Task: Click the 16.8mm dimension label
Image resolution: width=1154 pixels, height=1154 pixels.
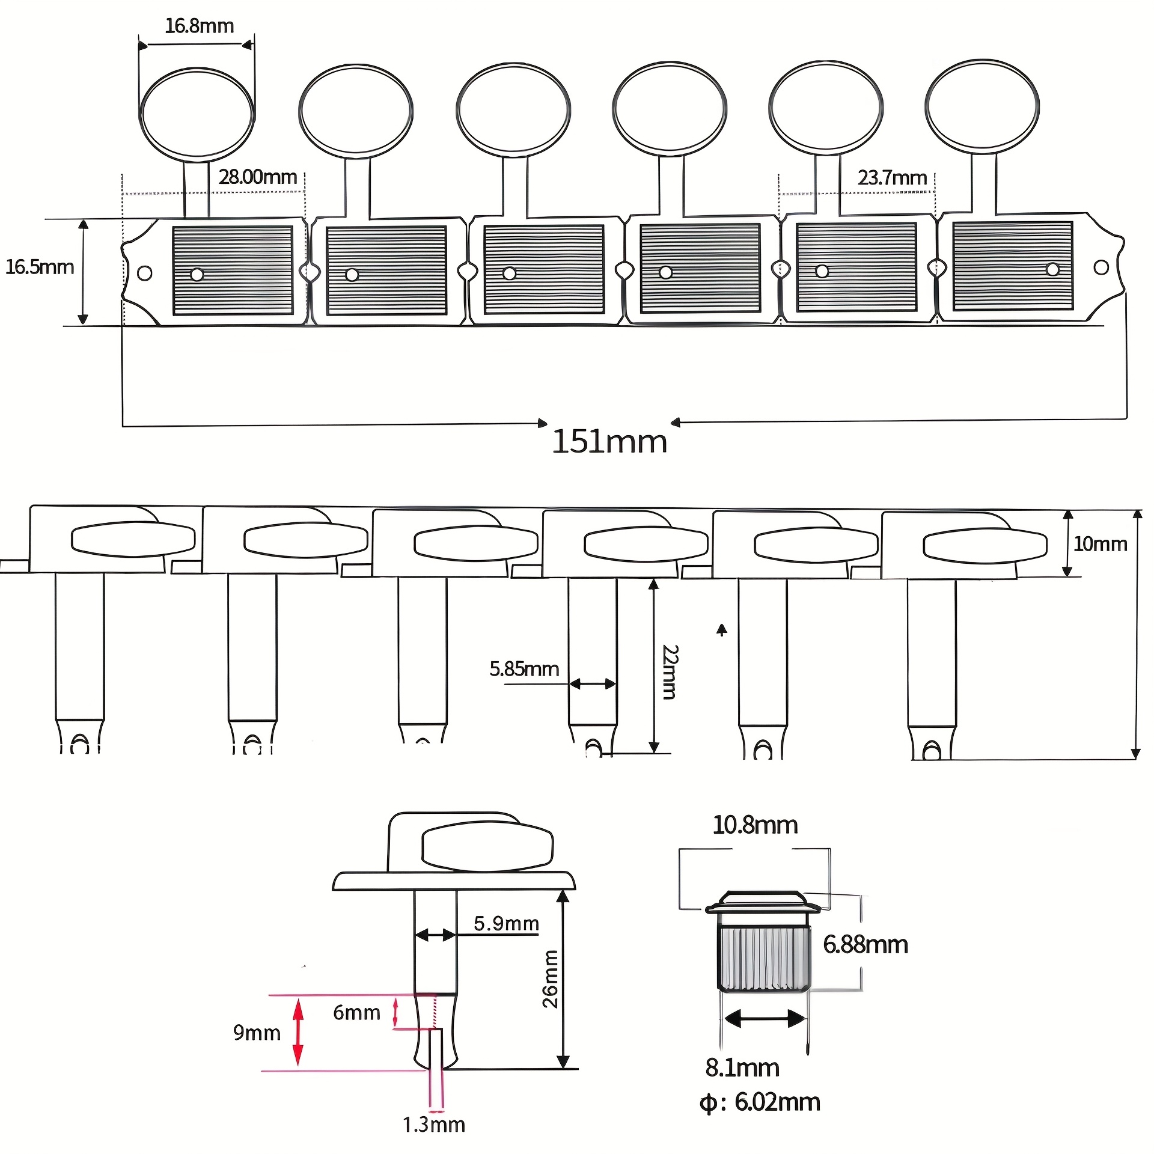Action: (x=199, y=26)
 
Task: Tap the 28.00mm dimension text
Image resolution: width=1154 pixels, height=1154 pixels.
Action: (x=258, y=177)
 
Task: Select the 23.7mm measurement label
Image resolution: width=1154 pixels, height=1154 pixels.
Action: (x=892, y=178)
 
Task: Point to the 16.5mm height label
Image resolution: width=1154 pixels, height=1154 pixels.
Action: (x=40, y=267)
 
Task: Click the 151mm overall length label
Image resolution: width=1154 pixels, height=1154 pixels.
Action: (x=609, y=442)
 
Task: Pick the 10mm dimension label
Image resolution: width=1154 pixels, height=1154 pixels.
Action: (x=1100, y=544)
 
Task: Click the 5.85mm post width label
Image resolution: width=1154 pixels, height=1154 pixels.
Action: (x=524, y=669)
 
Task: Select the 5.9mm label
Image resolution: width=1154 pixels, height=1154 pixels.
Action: (x=506, y=923)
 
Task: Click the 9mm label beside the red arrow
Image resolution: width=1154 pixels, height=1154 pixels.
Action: (x=257, y=1033)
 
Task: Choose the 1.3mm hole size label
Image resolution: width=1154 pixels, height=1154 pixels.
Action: (x=434, y=1125)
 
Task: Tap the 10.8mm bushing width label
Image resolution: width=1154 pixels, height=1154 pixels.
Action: (x=755, y=825)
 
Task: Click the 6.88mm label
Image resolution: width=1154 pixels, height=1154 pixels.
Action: (x=865, y=944)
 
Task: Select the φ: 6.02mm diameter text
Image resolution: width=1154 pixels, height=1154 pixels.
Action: (x=760, y=1102)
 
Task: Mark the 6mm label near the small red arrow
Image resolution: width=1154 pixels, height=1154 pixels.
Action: (x=356, y=1013)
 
